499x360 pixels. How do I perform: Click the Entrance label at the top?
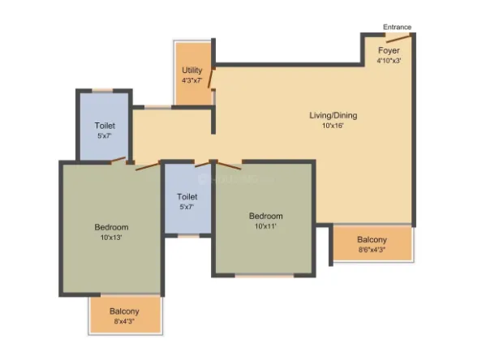(x=397, y=27)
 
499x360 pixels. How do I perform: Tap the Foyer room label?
(x=388, y=49)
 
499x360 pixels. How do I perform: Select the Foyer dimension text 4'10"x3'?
(x=388, y=59)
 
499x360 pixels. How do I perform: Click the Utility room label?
(x=192, y=71)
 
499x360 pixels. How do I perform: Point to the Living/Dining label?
(x=333, y=115)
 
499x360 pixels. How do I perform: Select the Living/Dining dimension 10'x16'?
(x=333, y=126)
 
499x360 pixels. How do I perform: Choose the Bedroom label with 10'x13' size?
(x=111, y=227)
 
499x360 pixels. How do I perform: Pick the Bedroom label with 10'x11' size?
(x=265, y=216)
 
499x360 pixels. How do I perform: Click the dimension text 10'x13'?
(x=111, y=238)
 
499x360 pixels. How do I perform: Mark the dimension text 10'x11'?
(x=265, y=226)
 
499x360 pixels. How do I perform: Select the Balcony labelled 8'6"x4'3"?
(x=372, y=240)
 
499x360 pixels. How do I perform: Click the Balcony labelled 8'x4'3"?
(x=125, y=311)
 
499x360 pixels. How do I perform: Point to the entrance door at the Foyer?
(x=395, y=37)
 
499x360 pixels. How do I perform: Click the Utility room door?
(x=210, y=78)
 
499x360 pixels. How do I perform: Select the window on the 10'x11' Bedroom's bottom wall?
(x=265, y=276)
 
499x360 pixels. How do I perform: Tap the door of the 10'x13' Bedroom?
(x=146, y=167)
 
